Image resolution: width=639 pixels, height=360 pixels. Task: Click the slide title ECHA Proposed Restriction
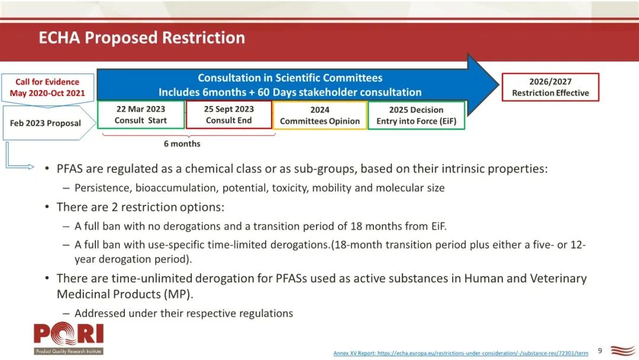pos(142,37)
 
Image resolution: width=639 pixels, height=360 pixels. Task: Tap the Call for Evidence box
pos(48,88)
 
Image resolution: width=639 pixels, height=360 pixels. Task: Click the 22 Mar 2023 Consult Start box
pos(141,115)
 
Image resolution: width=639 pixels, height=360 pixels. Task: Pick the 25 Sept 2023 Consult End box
pos(228,115)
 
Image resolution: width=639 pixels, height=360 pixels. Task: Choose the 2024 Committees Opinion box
pos(320,115)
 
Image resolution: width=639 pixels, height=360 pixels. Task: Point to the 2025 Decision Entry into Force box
pos(416,115)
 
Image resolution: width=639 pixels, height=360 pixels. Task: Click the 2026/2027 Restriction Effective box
pos(550,87)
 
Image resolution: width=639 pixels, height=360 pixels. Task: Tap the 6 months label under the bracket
pos(182,144)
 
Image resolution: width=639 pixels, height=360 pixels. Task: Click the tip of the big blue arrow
pos(499,85)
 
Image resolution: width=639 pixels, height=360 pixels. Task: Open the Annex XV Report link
pos(461,353)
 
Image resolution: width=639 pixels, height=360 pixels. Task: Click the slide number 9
pos(600,351)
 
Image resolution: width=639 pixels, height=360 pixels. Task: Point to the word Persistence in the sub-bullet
pos(103,188)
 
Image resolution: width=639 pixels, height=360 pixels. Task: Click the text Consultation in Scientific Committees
pos(290,78)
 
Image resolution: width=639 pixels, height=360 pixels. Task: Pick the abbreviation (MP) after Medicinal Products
pos(178,294)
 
